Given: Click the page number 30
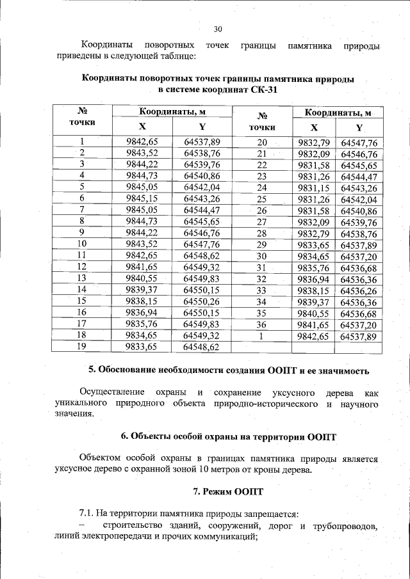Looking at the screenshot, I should (217, 29).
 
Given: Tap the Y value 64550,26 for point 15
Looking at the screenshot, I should (201, 301).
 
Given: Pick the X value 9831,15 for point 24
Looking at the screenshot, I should (313, 187).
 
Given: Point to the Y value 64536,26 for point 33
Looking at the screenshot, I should (359, 290).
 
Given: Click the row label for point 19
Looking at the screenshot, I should (81, 346).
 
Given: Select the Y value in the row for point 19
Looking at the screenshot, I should (201, 347).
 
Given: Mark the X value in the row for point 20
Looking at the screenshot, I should (313, 143).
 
